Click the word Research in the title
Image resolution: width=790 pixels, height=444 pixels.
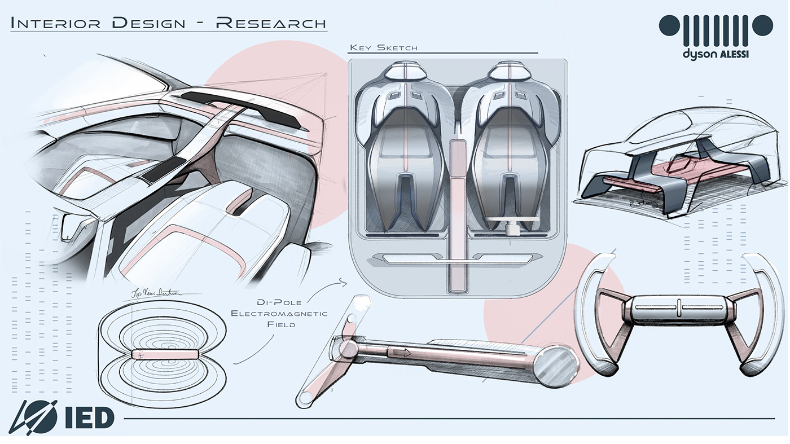271,23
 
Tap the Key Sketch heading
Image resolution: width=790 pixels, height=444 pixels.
384,47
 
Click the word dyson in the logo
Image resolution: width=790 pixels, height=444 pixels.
699,54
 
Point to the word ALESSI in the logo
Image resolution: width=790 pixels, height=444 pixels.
733,54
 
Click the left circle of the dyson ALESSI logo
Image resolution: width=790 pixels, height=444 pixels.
670,25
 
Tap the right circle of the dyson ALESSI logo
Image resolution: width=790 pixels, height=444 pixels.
762,25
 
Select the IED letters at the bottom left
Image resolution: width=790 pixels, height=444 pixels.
90,417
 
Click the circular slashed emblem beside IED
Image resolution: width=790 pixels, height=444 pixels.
33,417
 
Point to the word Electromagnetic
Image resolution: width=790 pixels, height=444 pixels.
279,313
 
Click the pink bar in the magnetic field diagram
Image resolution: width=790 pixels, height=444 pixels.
165,354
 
